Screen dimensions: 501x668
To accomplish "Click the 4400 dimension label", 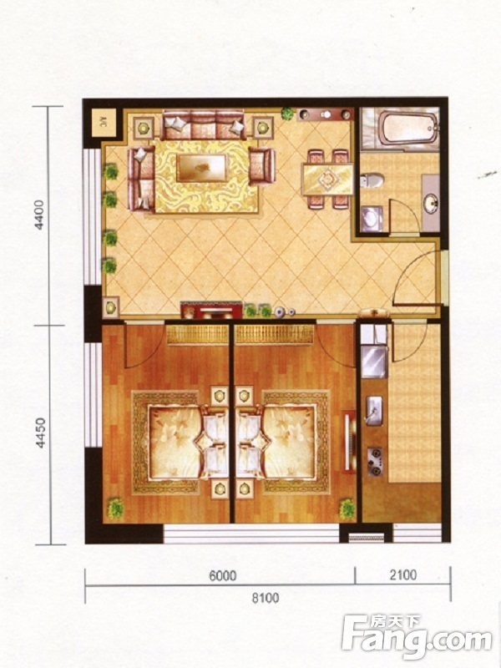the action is (x=39, y=215).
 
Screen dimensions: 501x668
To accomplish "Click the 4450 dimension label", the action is (x=40, y=433).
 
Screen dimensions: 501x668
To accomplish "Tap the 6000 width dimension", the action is (x=223, y=575).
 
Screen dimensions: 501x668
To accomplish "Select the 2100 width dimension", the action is (x=403, y=574).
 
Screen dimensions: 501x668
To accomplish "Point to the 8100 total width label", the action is (x=266, y=598).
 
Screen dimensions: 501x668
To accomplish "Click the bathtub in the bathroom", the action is (x=409, y=128).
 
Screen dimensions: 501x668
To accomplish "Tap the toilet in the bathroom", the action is (x=372, y=180).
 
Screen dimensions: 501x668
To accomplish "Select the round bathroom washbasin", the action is (x=431, y=204).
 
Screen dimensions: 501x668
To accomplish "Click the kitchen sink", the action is (x=373, y=411).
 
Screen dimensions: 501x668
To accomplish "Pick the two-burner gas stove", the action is (x=375, y=462).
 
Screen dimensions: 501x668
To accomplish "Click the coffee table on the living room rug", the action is (x=201, y=168).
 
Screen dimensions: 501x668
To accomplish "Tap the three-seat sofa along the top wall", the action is (x=203, y=124).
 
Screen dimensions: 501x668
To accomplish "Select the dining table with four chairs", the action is (x=327, y=180).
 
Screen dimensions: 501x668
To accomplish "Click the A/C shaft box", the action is (x=104, y=123).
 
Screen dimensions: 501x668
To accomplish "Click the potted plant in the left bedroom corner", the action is (x=115, y=509).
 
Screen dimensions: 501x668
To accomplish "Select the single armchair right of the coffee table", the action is (x=262, y=166).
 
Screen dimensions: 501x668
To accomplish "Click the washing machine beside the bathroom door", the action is (x=372, y=219).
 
